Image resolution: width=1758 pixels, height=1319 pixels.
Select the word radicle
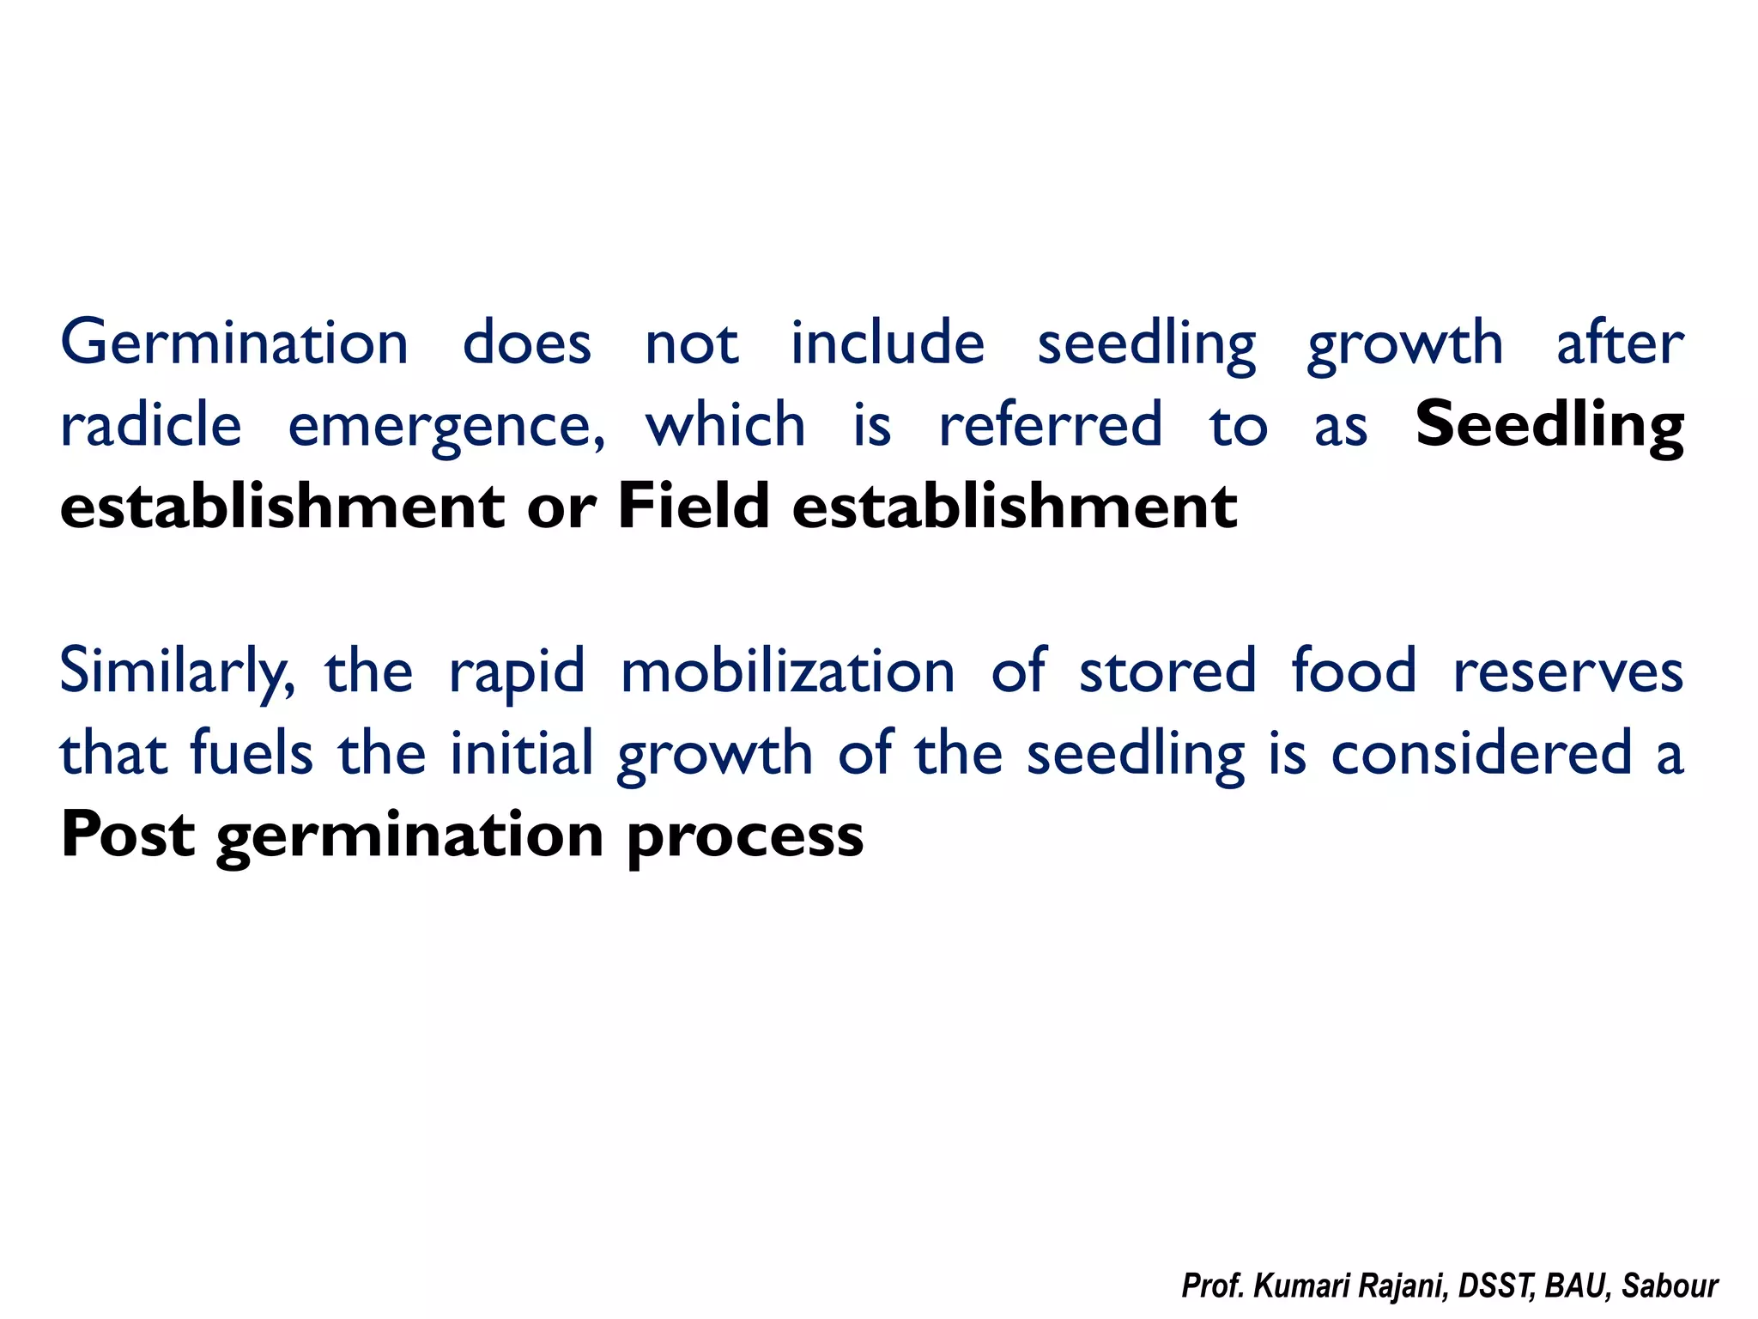tap(151, 425)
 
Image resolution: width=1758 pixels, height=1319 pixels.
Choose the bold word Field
tap(693, 507)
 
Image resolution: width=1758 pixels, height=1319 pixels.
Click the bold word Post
tap(128, 835)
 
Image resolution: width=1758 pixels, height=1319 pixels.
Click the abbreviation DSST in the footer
tap(1497, 1286)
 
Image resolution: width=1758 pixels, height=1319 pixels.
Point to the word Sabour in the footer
tap(1670, 1286)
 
